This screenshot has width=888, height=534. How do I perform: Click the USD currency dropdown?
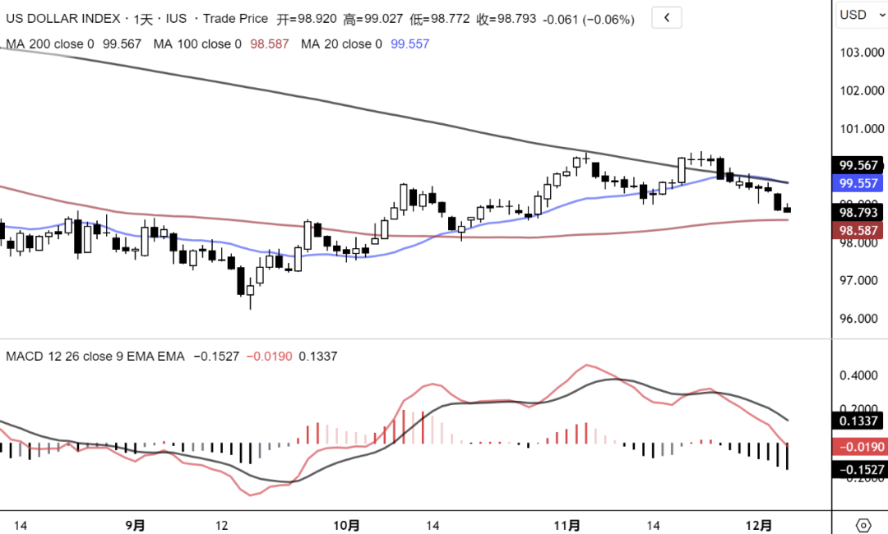point(860,15)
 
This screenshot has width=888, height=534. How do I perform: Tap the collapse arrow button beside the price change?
point(666,17)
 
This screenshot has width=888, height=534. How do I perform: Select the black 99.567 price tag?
point(858,165)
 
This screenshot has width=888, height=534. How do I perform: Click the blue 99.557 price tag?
point(858,183)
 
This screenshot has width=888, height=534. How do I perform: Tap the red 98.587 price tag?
point(858,231)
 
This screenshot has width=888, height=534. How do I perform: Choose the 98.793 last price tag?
point(858,213)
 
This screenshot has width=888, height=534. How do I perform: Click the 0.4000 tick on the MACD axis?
point(858,375)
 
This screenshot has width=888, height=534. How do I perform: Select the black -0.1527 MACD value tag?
point(858,470)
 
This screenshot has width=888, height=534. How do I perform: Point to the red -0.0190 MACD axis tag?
point(858,447)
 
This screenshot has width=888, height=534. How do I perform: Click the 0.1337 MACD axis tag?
point(858,421)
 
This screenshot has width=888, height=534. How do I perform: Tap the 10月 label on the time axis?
point(348,525)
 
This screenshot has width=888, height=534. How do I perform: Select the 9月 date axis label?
point(136,525)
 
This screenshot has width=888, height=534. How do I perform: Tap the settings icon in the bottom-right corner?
point(863,525)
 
